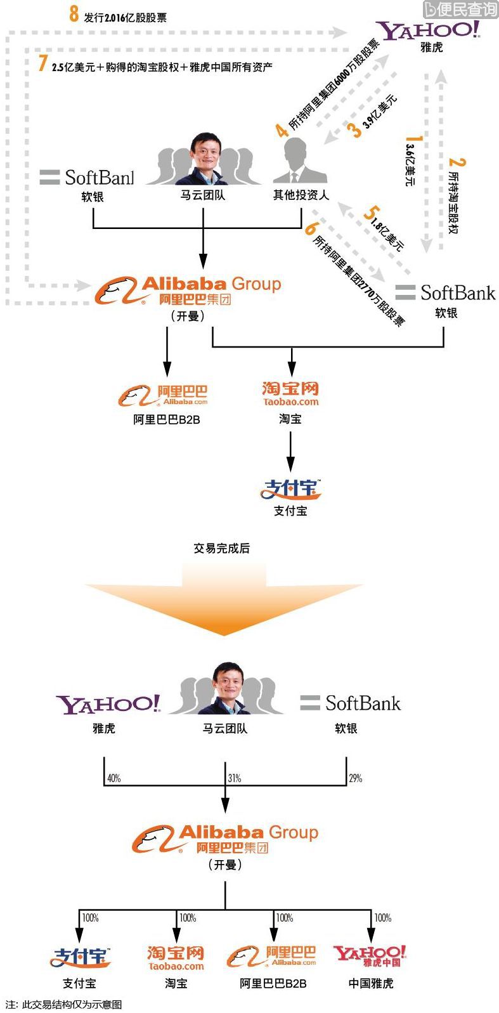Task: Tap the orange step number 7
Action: pyautogui.click(x=43, y=63)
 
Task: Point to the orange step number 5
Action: pyautogui.click(x=372, y=212)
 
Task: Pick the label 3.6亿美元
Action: pyautogui.click(x=410, y=165)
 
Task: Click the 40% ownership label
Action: pyautogui.click(x=114, y=778)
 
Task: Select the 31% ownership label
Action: pyautogui.click(x=235, y=778)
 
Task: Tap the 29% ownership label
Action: pyautogui.click(x=356, y=778)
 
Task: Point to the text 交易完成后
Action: pyautogui.click(x=221, y=548)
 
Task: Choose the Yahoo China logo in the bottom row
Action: pyautogui.click(x=370, y=955)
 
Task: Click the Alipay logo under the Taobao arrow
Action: pyautogui.click(x=291, y=489)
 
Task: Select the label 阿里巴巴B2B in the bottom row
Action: pyautogui.click(x=273, y=983)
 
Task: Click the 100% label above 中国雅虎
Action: pyautogui.click(x=383, y=918)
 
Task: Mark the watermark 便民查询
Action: pyautogui.click(x=460, y=9)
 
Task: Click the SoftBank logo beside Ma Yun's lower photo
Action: pyautogui.click(x=351, y=703)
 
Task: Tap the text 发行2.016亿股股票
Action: pyautogui.click(x=125, y=18)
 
